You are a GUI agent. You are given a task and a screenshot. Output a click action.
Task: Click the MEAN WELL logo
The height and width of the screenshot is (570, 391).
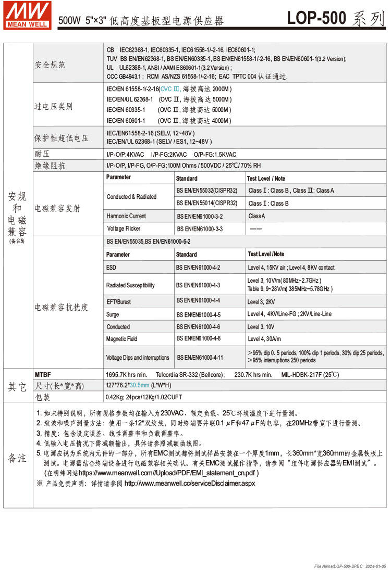pos(28,15)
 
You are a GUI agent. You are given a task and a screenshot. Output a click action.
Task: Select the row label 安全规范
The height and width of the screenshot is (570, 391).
pos(50,65)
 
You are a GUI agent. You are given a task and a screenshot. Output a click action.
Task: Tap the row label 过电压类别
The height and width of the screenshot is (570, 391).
pos(54,107)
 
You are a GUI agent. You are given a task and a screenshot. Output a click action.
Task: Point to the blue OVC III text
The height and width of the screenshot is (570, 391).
pos(170,89)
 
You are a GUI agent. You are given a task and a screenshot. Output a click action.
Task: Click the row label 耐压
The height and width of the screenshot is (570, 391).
pos(42,155)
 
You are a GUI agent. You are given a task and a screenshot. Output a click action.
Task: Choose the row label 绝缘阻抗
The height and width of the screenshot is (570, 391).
pos(50,166)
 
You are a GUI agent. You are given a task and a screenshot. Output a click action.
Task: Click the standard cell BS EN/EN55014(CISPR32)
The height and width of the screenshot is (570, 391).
pos(206,203)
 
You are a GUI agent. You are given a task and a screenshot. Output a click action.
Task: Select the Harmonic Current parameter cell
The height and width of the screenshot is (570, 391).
pos(126,216)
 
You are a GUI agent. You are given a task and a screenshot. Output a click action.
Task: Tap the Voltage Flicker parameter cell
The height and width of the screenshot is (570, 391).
pos(125,229)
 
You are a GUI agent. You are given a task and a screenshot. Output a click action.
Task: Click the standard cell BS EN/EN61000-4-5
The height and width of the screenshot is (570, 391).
pos(198,315)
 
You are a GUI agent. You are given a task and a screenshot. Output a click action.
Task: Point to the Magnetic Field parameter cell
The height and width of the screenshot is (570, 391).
pos(121,339)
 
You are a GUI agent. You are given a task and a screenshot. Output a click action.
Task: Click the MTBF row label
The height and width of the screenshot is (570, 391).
pos(43,374)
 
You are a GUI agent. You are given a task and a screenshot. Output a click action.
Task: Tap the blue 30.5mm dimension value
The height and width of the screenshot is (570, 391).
pos(140,385)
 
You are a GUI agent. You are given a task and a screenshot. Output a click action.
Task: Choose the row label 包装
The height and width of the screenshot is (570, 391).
pos(43,397)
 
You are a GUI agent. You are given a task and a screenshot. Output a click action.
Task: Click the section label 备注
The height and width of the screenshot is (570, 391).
pos(17,458)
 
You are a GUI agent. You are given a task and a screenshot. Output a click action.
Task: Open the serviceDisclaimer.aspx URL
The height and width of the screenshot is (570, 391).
pos(190,483)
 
